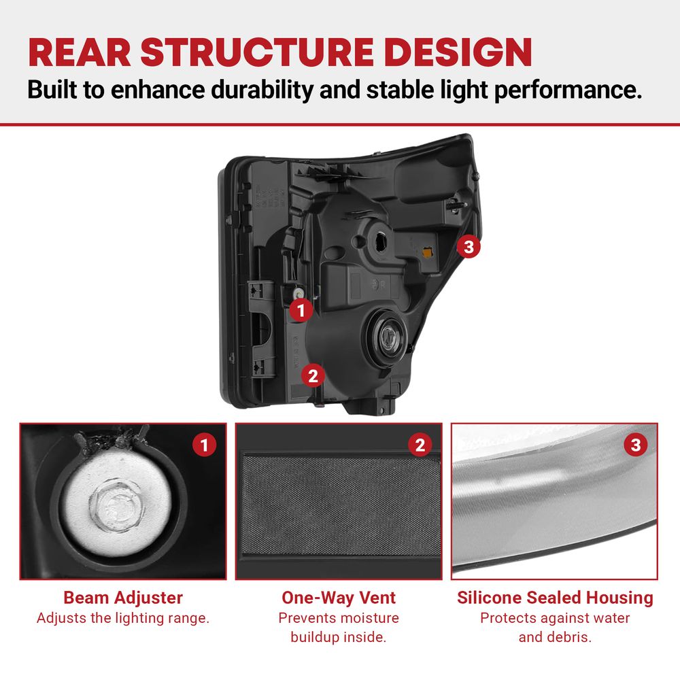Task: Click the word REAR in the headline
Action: [80, 52]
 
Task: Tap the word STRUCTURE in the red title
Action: [257, 52]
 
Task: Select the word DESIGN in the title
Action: [458, 52]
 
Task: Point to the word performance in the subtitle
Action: [568, 90]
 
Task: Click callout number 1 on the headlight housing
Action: [301, 310]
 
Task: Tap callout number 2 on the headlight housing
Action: [313, 375]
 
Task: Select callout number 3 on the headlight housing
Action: [469, 247]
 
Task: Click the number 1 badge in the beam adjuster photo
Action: [204, 445]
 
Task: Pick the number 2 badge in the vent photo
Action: [420, 445]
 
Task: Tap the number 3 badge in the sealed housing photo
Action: [636, 445]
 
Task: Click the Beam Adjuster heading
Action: [123, 598]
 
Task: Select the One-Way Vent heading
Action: [339, 598]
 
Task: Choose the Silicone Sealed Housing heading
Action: [555, 598]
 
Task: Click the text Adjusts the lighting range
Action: [123, 618]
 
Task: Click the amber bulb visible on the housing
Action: [427, 251]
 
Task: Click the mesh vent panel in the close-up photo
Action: [341, 505]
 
